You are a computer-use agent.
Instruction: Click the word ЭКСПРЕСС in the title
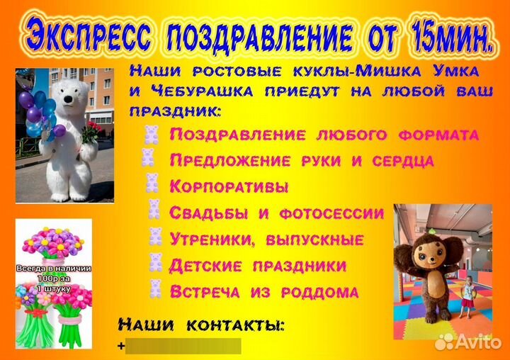pos(87,36)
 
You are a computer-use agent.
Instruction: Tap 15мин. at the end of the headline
pos(448,36)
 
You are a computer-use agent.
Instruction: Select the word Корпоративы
pos(229,187)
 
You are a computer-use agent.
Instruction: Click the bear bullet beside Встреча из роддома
pos(154,288)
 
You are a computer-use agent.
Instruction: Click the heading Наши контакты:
pos(201,325)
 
